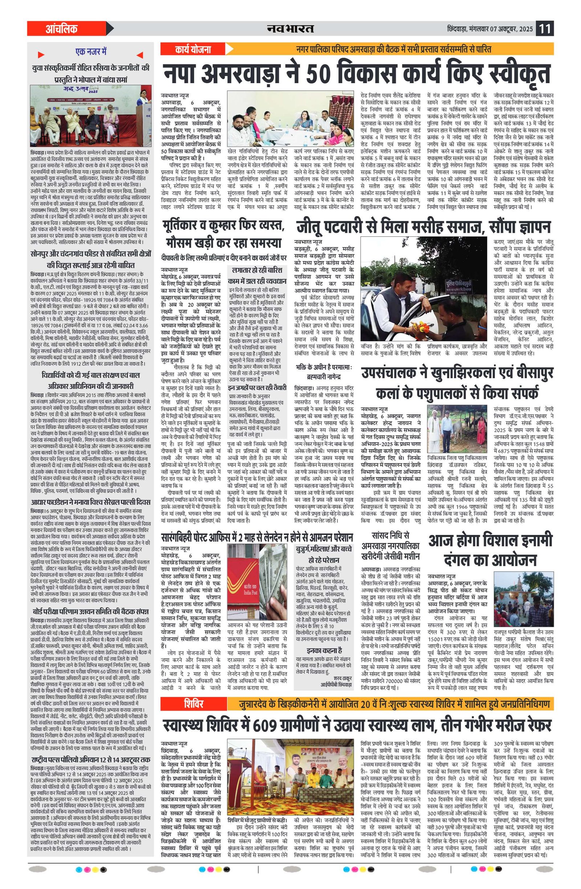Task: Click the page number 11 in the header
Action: (x=544, y=29)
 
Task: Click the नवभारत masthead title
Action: (x=290, y=29)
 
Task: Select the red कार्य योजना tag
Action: (x=193, y=49)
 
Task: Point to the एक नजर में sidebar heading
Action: (x=91, y=52)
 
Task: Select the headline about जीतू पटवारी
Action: (x=423, y=226)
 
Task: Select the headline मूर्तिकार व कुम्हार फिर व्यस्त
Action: (x=224, y=234)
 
